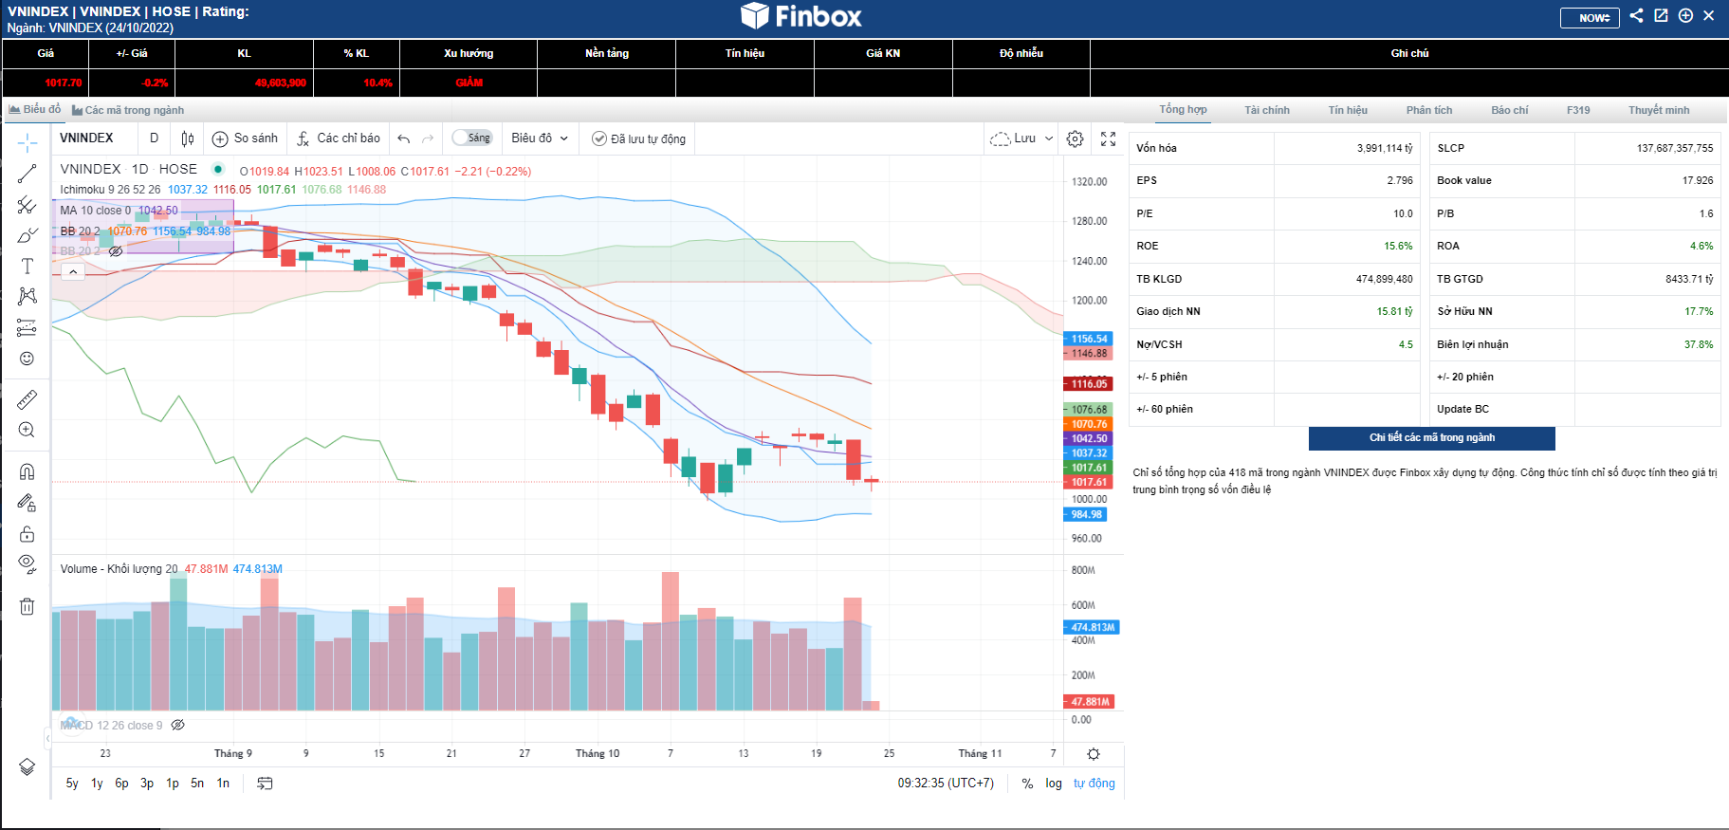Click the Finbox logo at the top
click(801, 16)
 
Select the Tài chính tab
click(1266, 110)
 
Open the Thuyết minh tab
click(1658, 110)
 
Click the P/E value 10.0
click(1403, 213)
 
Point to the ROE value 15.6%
click(1397, 246)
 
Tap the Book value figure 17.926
click(1697, 180)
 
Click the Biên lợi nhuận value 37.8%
click(1698, 344)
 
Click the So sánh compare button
click(246, 138)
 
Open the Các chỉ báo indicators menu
click(339, 138)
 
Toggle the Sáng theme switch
click(471, 138)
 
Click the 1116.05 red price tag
click(1089, 384)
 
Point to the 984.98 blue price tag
click(1086, 515)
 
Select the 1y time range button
click(97, 784)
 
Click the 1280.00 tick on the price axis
click(1089, 221)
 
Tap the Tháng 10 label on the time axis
click(597, 753)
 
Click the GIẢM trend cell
click(469, 83)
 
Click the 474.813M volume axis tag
click(1092, 627)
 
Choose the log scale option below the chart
click(1053, 784)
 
